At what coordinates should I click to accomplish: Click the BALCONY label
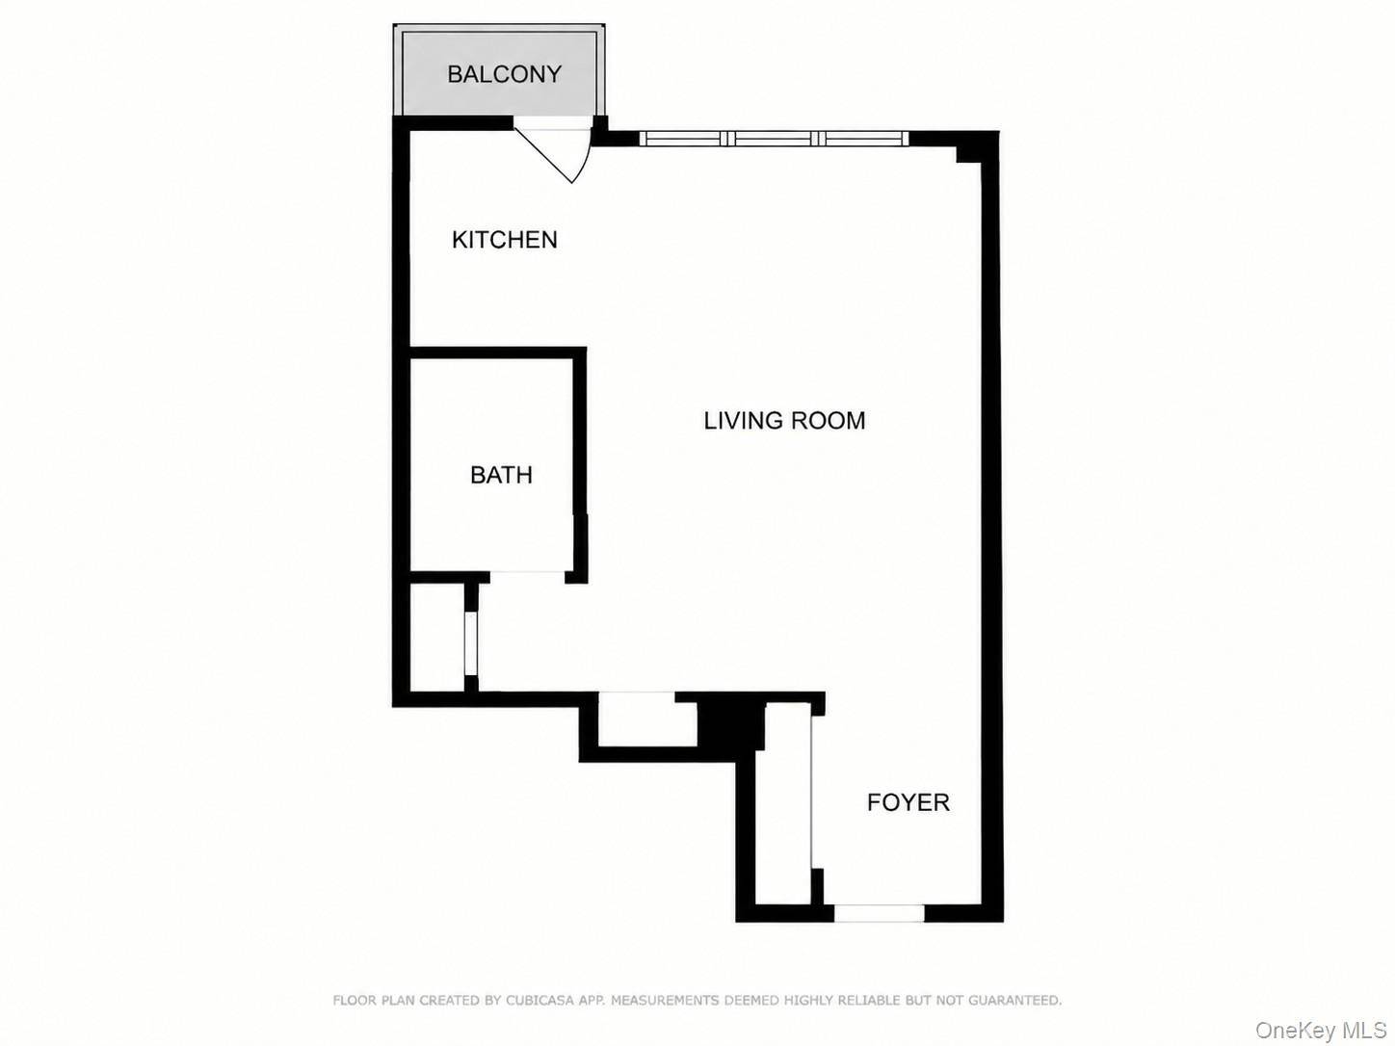(504, 74)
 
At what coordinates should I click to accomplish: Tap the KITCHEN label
(505, 240)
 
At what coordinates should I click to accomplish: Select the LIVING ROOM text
(784, 421)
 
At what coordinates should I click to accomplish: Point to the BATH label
(501, 475)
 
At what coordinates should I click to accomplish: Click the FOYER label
(908, 802)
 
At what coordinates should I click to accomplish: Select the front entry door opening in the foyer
(879, 913)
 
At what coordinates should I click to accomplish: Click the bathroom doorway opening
(528, 577)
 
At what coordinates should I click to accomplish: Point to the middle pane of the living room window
(774, 138)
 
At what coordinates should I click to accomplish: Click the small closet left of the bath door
(437, 637)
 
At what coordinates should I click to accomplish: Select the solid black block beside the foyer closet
(730, 725)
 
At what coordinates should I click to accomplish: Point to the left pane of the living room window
(683, 138)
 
